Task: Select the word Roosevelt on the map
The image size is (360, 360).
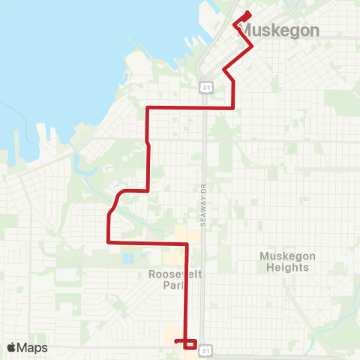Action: click(x=176, y=274)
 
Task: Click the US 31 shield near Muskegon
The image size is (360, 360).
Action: click(x=205, y=88)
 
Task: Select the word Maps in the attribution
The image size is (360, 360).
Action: click(x=32, y=347)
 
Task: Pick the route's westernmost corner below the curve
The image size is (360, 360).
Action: click(x=109, y=242)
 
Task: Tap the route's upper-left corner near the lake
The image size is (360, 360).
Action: click(x=147, y=108)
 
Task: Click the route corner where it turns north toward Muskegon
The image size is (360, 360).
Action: click(x=235, y=108)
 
